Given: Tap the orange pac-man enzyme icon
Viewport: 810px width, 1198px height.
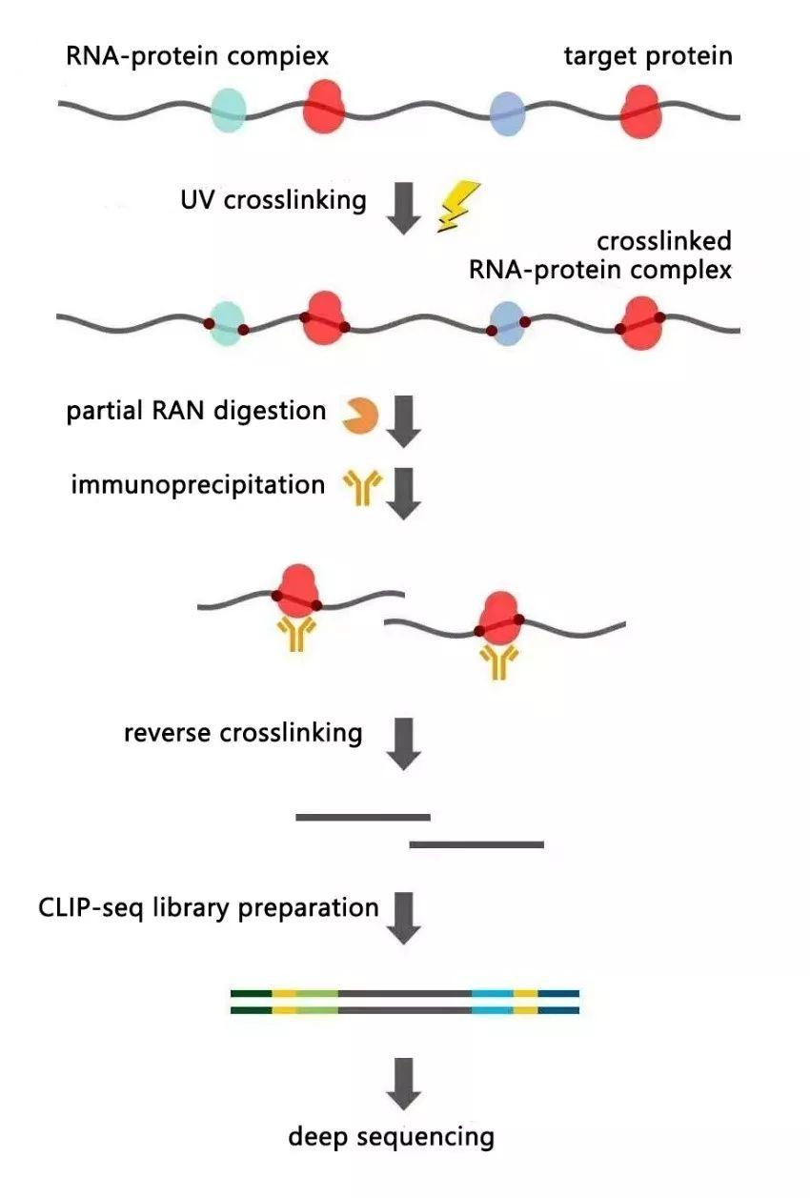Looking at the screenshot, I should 361,416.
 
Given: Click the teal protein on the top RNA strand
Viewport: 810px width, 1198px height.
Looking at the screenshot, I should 228,110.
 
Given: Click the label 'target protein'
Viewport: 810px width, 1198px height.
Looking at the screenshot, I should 648,56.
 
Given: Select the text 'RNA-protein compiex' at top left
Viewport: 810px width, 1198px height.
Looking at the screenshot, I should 197,56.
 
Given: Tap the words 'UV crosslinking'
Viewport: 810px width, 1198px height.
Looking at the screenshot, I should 273,200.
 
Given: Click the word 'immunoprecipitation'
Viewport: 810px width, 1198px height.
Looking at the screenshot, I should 197,484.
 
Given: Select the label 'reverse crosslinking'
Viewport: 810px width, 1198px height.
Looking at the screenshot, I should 243,733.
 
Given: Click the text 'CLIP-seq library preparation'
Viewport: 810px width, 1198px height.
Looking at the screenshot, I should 209,906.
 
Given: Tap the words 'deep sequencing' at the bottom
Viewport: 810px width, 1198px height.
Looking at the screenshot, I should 392,1136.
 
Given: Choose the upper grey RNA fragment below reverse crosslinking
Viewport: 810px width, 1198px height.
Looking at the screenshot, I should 363,817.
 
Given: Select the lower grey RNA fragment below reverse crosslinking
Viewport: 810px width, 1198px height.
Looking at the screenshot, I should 476,844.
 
